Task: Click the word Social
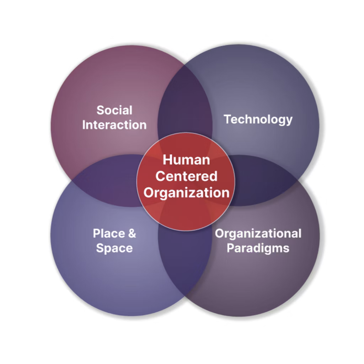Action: tap(114, 110)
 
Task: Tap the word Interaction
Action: tap(114, 125)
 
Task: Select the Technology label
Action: tap(258, 120)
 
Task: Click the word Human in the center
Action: tap(186, 160)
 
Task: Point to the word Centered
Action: tap(186, 176)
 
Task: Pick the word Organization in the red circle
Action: tap(186, 193)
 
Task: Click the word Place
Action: tap(109, 233)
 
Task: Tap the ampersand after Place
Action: tap(132, 233)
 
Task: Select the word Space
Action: tap(114, 248)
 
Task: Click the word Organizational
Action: tap(258, 234)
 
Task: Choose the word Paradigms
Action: tap(258, 248)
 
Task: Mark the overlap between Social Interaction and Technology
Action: tap(185, 102)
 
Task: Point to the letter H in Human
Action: tap(167, 160)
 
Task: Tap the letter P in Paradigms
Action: tap(231, 248)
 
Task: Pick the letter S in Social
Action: tap(101, 110)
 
